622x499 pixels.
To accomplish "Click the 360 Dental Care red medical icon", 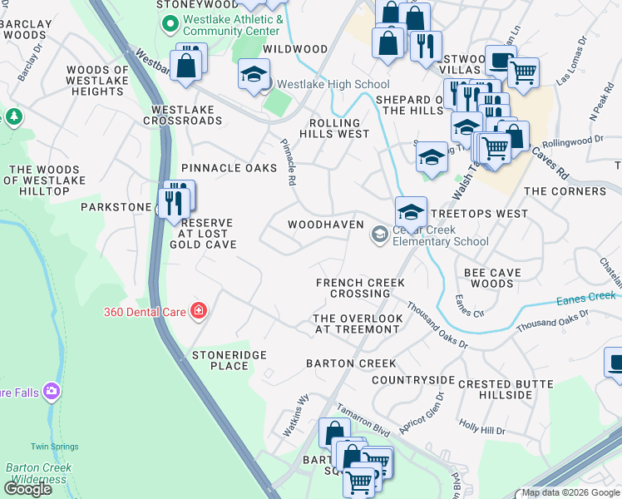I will tap(198, 312).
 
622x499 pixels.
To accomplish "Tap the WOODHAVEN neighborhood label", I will tap(325, 225).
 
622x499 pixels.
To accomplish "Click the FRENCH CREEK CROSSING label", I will tap(360, 288).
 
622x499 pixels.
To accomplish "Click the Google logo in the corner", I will tap(27, 488).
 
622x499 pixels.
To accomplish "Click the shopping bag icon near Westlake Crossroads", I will tap(187, 65).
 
